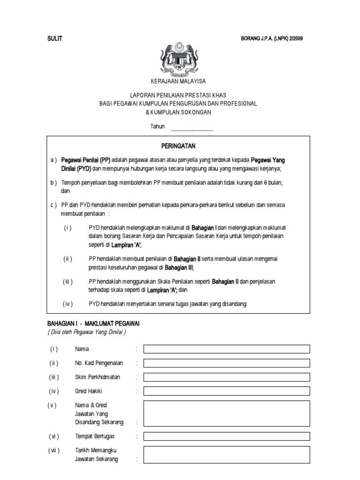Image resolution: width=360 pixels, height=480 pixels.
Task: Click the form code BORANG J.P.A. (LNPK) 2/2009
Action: point(271,39)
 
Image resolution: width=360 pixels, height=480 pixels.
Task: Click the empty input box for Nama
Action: point(226,349)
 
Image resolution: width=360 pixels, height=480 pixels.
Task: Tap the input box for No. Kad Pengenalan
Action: point(226,363)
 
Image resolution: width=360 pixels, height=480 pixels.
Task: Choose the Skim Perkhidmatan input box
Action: point(226,377)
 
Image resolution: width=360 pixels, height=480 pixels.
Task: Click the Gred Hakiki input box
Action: point(226,391)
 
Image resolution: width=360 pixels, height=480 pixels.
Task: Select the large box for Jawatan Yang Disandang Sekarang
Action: point(226,413)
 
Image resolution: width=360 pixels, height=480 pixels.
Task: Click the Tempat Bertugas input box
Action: point(226,436)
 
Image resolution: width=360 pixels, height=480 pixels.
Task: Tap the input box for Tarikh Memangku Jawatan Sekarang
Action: point(226,455)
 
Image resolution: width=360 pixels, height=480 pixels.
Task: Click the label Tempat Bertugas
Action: point(95,436)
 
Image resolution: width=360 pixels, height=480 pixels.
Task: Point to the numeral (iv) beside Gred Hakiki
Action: point(53,391)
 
